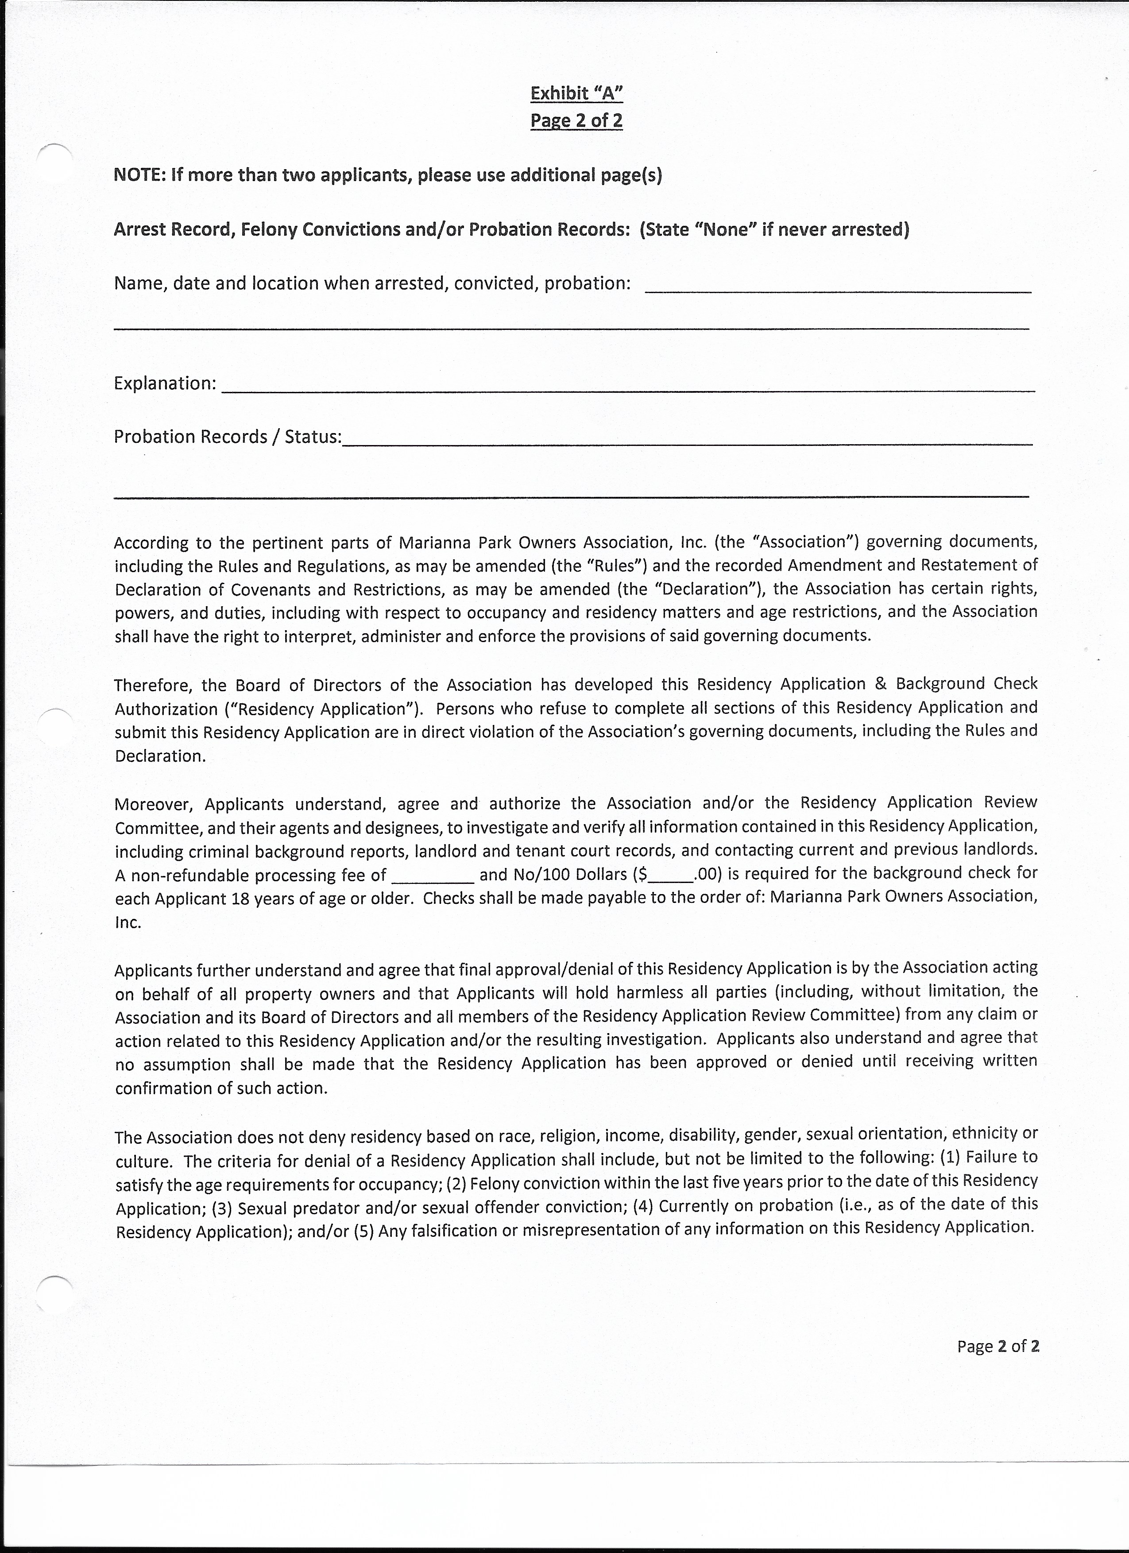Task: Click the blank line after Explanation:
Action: click(x=629, y=388)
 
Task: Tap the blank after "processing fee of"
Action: click(x=433, y=878)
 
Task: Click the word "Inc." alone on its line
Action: click(x=128, y=922)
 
